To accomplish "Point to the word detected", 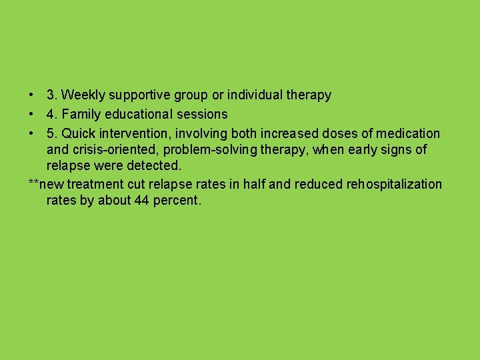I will tap(155, 165).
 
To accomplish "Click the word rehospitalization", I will tap(395, 184).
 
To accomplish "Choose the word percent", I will tap(176, 199).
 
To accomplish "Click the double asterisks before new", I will tap(34, 183).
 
